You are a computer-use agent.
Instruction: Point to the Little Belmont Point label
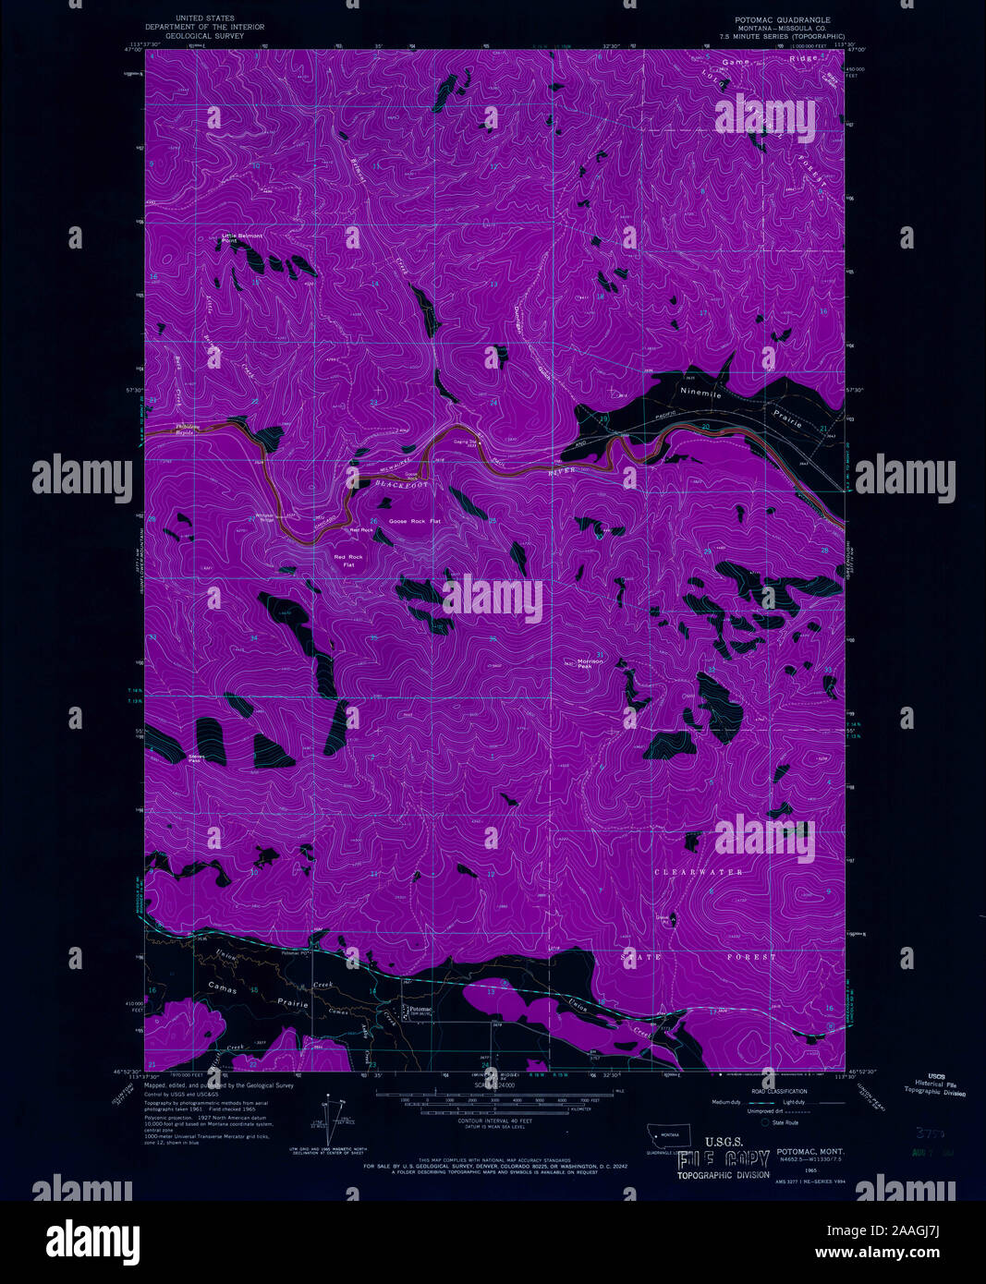pos(241,238)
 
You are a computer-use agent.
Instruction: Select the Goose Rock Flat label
pos(414,522)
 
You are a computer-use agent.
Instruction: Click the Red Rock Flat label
pos(348,561)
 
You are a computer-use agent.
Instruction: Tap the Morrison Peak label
pos(590,662)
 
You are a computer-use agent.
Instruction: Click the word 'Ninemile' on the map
pos(700,392)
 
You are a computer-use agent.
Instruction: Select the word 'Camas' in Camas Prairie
pos(222,989)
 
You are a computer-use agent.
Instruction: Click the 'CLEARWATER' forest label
pos(699,872)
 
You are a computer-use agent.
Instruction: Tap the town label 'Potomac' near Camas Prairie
pos(420,1009)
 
